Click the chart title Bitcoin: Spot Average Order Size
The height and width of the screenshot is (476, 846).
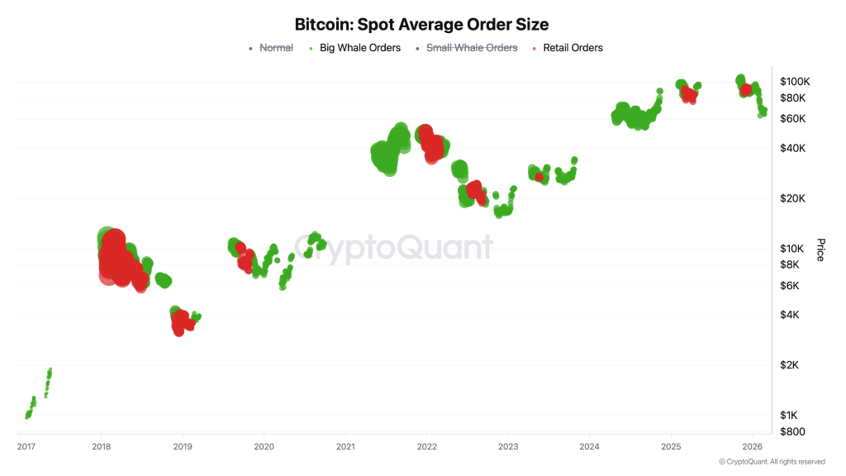click(421, 25)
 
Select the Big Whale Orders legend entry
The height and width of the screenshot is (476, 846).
click(359, 48)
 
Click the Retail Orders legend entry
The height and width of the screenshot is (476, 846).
click(572, 48)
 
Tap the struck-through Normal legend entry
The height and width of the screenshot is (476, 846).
click(276, 48)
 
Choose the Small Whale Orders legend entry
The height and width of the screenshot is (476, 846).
click(471, 48)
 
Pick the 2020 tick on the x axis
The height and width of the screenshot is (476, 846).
click(264, 447)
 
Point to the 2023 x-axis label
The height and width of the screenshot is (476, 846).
click(508, 447)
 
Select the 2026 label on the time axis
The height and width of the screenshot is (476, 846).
click(752, 447)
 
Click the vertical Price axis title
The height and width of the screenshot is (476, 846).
click(820, 250)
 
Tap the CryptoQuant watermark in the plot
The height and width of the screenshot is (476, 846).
click(395, 247)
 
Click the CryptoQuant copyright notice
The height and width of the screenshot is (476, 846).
click(772, 462)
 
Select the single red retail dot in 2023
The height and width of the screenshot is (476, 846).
click(539, 177)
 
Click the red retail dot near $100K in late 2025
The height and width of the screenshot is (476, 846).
click(746, 89)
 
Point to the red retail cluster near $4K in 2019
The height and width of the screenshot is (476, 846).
click(182, 321)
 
